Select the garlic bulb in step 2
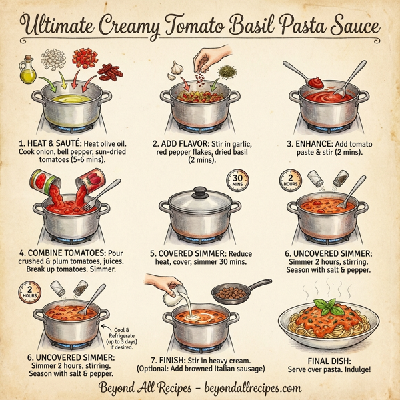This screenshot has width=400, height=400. [x=177, y=69]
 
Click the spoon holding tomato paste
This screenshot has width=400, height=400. [x=313, y=82]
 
